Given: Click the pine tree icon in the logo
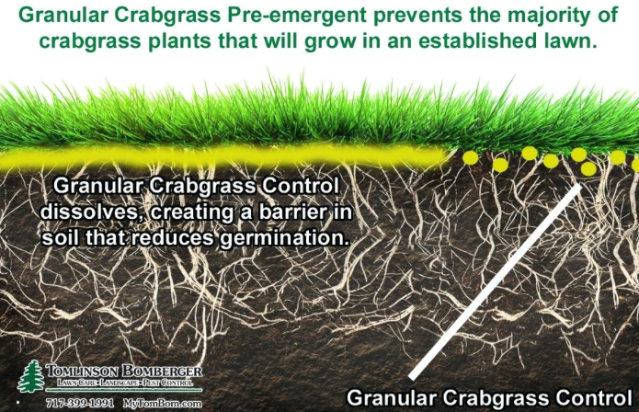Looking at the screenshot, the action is coord(30,377).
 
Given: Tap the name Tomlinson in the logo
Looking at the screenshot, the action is coord(82,372).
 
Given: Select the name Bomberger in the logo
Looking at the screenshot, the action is coord(162,372).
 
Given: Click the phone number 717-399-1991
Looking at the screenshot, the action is coord(80,404).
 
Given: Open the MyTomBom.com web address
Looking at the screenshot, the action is coord(162,404).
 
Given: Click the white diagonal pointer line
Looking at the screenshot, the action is coord(495,282).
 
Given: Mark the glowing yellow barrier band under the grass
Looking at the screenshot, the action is coord(224,157).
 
